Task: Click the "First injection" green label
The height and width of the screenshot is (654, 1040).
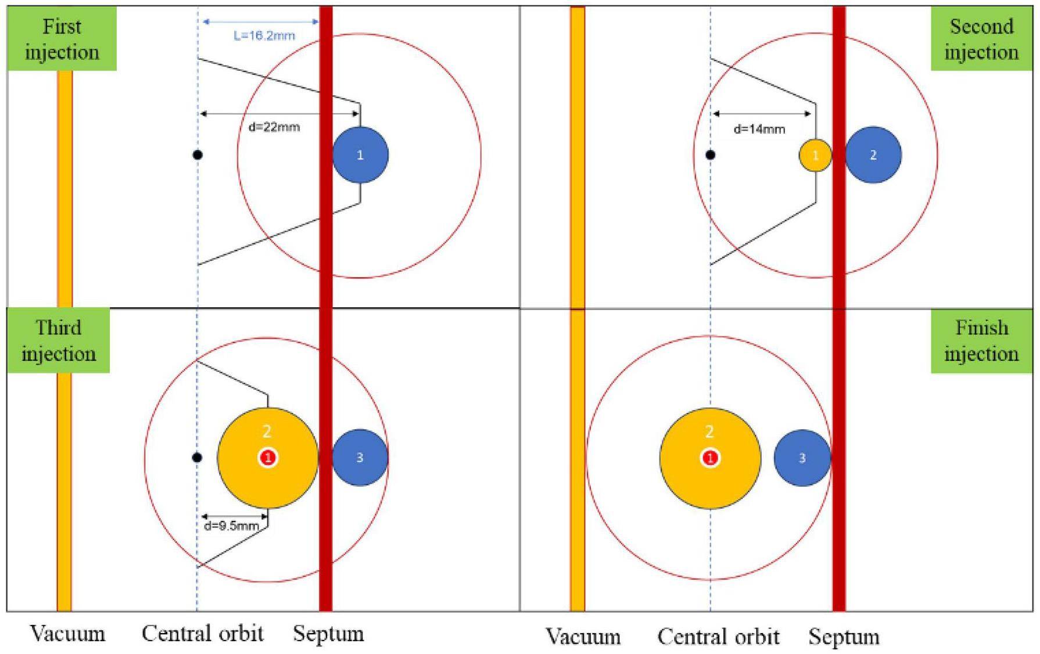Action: coord(62,39)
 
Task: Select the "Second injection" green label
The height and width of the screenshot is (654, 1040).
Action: coord(981,39)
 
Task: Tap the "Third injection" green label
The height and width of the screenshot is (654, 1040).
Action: coord(59,340)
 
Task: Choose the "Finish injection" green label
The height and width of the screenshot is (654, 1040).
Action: coord(981,341)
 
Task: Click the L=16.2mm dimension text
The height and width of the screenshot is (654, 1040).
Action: coord(264,35)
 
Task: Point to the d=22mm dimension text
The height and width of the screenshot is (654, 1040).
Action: coord(274,127)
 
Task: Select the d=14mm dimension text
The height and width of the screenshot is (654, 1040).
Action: coord(759,129)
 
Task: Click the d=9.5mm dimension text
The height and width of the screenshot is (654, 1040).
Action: coord(231,526)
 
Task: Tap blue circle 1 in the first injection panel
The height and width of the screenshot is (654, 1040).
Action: coord(360,155)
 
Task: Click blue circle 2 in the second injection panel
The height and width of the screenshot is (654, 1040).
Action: coord(873,155)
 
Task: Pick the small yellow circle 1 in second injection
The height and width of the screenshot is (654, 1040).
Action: coord(815,155)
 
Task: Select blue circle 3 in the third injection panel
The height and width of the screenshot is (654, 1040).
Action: coord(360,458)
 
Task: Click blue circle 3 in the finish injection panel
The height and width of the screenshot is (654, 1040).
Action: coord(802,458)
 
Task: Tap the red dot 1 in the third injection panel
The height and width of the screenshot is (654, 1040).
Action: coord(268,458)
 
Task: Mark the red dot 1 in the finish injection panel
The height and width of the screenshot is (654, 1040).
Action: coord(710,458)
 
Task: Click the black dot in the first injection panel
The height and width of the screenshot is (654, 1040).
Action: coord(198,155)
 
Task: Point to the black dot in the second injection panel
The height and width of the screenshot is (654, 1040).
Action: coord(710,155)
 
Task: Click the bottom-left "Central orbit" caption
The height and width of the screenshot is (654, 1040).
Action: coord(202,633)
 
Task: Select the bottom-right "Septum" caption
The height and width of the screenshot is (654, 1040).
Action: coord(844,637)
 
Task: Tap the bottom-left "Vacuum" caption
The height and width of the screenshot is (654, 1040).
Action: coord(67,633)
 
